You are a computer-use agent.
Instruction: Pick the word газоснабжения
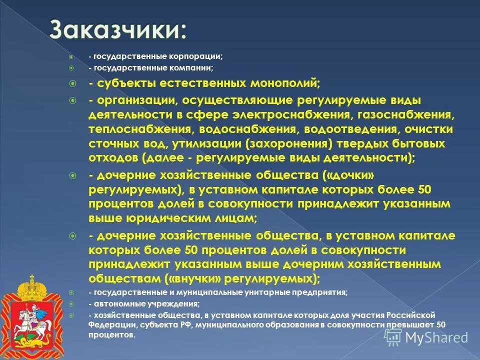411,115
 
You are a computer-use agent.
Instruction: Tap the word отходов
113,158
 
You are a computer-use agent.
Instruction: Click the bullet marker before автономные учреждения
72,304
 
